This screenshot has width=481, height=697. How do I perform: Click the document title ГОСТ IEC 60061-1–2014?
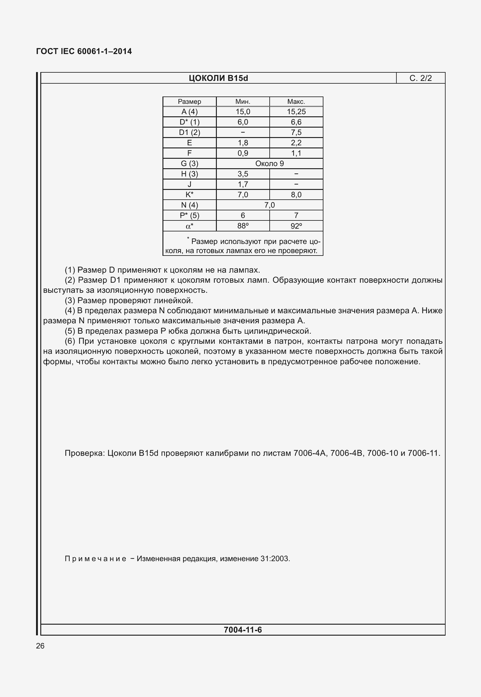[84, 51]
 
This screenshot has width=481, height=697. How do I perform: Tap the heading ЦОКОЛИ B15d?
[218, 78]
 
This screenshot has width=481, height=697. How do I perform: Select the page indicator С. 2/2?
[421, 78]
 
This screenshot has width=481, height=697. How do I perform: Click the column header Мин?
[243, 102]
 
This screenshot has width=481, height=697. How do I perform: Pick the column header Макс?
[296, 102]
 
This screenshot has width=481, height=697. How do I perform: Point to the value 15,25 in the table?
[296, 112]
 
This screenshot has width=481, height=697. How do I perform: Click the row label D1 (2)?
[189, 133]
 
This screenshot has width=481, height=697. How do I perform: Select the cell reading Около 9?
[269, 164]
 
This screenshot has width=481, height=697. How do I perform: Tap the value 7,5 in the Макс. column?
[296, 133]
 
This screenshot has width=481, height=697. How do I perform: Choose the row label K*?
[189, 195]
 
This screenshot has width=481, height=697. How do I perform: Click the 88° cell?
[243, 226]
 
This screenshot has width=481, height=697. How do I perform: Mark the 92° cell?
[296, 226]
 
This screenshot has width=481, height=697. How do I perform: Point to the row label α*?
[189, 226]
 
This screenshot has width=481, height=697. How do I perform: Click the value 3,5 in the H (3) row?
[243, 174]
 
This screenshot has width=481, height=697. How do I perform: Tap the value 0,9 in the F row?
[243, 153]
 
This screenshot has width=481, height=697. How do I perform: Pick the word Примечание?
[95, 559]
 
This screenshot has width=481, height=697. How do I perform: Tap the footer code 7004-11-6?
[242, 630]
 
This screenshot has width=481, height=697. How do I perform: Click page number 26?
[40, 646]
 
